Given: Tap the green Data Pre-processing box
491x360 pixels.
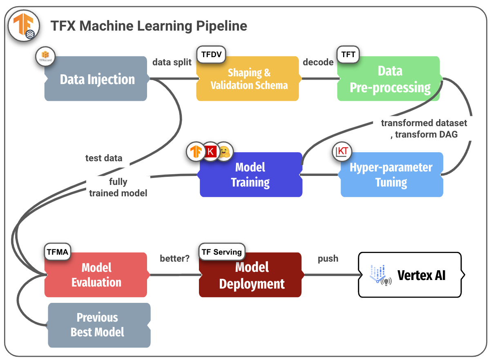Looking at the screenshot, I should coord(389,79).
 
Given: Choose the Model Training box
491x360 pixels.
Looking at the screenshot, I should coord(251,175).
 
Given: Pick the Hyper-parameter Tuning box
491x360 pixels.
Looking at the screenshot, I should coord(391,175).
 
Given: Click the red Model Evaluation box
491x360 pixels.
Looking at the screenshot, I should coord(96,275).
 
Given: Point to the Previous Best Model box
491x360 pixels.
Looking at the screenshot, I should coord(98,325).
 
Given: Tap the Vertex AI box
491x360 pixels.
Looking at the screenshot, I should coord(410,275).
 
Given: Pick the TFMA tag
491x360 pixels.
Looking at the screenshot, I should coord(57,252).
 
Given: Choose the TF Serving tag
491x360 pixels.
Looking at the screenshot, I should coord(222,252).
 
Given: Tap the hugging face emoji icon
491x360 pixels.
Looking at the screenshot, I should coord(224,152).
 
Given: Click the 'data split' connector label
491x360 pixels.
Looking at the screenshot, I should coord(172,62).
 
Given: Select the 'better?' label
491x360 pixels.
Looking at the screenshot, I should coord(174,258).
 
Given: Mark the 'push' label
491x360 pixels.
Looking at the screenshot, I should coord(328,258).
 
